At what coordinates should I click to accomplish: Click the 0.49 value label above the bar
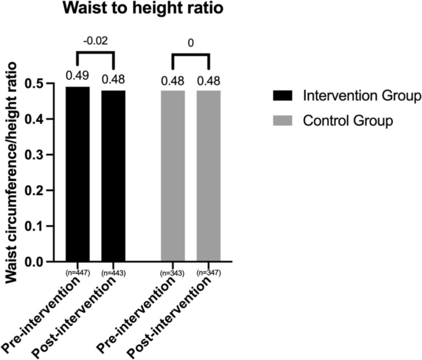point(78,76)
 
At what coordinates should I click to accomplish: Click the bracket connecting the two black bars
point(95,54)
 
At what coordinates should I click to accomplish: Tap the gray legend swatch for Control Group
point(283,121)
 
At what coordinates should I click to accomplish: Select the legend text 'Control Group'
point(347,121)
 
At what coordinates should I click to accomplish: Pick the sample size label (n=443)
point(113,271)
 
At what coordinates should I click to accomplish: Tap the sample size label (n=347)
point(209,271)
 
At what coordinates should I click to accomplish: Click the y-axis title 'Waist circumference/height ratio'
point(12,176)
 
